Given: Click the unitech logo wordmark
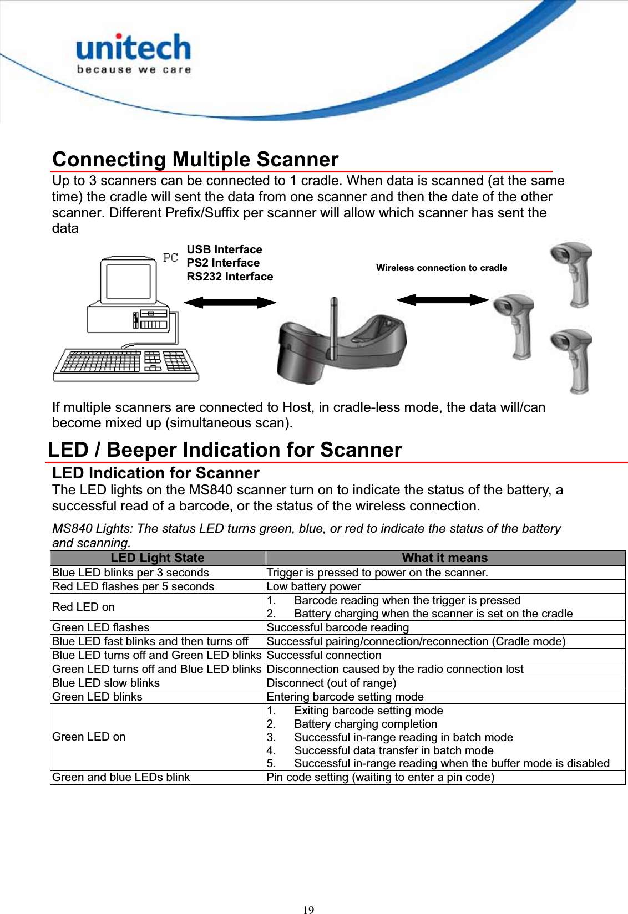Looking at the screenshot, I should point(133,48).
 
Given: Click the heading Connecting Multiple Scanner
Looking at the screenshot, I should point(195,160).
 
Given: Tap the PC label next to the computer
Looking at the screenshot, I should point(170,258).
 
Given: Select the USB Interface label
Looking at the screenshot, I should point(224,249).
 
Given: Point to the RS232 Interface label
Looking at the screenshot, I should point(230,277).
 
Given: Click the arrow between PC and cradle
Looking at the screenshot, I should point(230,302).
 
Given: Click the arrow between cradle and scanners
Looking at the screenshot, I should point(442,300).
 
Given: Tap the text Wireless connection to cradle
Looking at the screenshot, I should point(441,268).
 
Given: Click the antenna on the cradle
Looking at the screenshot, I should point(333,327).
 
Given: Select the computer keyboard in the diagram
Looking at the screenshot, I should point(126,365).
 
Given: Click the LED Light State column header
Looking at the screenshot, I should point(157,558).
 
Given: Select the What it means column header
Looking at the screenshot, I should point(444,558).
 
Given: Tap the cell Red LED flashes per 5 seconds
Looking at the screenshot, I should point(133,586).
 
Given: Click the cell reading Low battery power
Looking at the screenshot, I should point(313,586).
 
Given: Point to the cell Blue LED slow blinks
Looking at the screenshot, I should point(106,683).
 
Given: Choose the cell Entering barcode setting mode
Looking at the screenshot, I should point(345,697).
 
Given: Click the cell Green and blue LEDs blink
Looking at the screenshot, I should point(121,777).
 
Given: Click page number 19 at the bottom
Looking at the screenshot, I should point(308,909).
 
